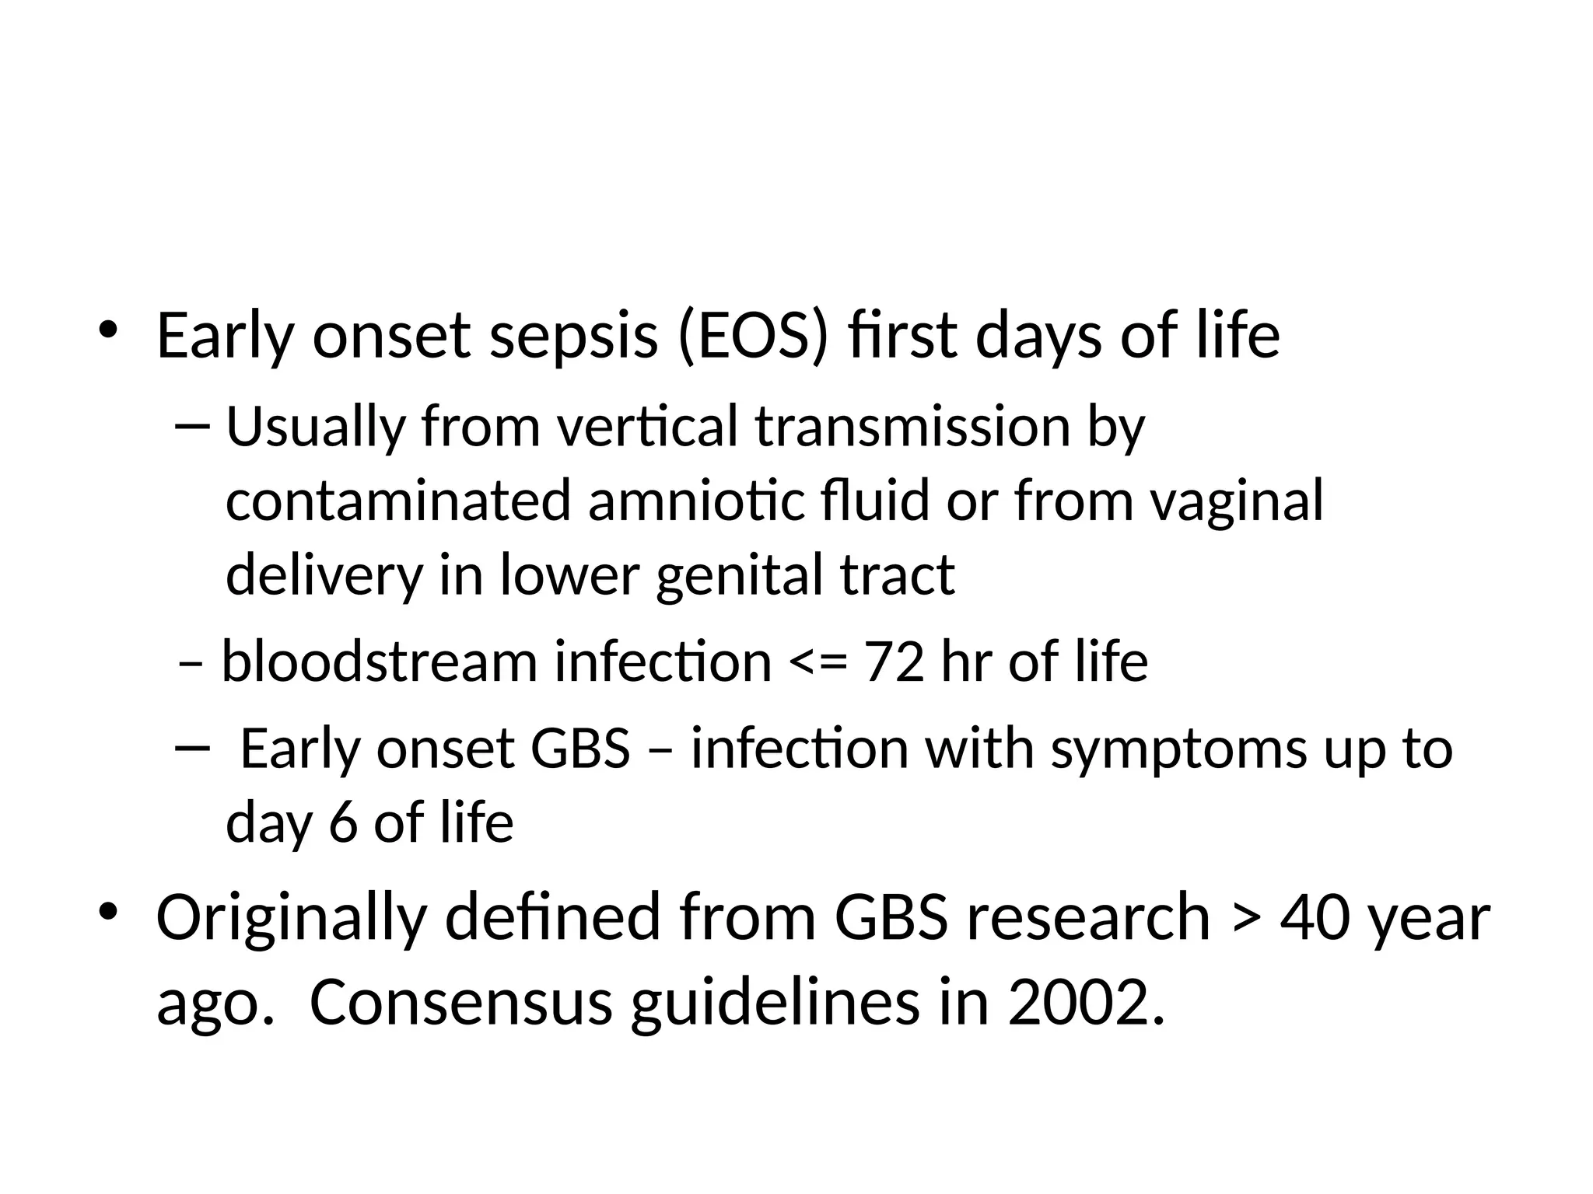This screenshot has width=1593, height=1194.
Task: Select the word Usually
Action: tap(316, 428)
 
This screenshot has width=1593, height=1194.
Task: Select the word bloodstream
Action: tap(380, 662)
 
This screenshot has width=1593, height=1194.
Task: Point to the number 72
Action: tap(895, 662)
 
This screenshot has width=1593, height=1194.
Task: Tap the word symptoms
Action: tap(1178, 749)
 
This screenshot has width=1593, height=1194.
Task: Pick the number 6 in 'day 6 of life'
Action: tap(342, 822)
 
